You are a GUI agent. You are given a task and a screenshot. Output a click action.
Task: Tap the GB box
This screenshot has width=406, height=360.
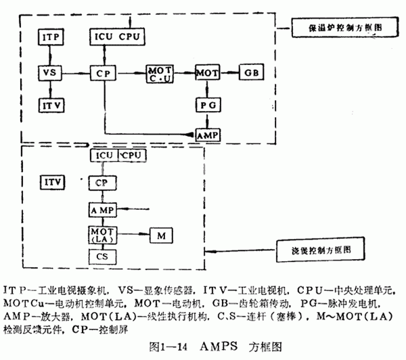point(250,71)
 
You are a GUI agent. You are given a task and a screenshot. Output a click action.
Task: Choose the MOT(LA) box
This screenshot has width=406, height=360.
point(103,235)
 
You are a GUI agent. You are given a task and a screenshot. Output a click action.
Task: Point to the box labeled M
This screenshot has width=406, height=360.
point(161,235)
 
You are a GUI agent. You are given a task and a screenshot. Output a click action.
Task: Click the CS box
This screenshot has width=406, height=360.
point(102,258)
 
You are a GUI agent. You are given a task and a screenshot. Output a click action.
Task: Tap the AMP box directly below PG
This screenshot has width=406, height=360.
point(207,135)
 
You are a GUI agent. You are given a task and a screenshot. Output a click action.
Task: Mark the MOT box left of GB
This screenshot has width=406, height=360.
point(206,71)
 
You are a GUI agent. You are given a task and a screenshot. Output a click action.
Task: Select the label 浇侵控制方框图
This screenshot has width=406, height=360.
point(318,250)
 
